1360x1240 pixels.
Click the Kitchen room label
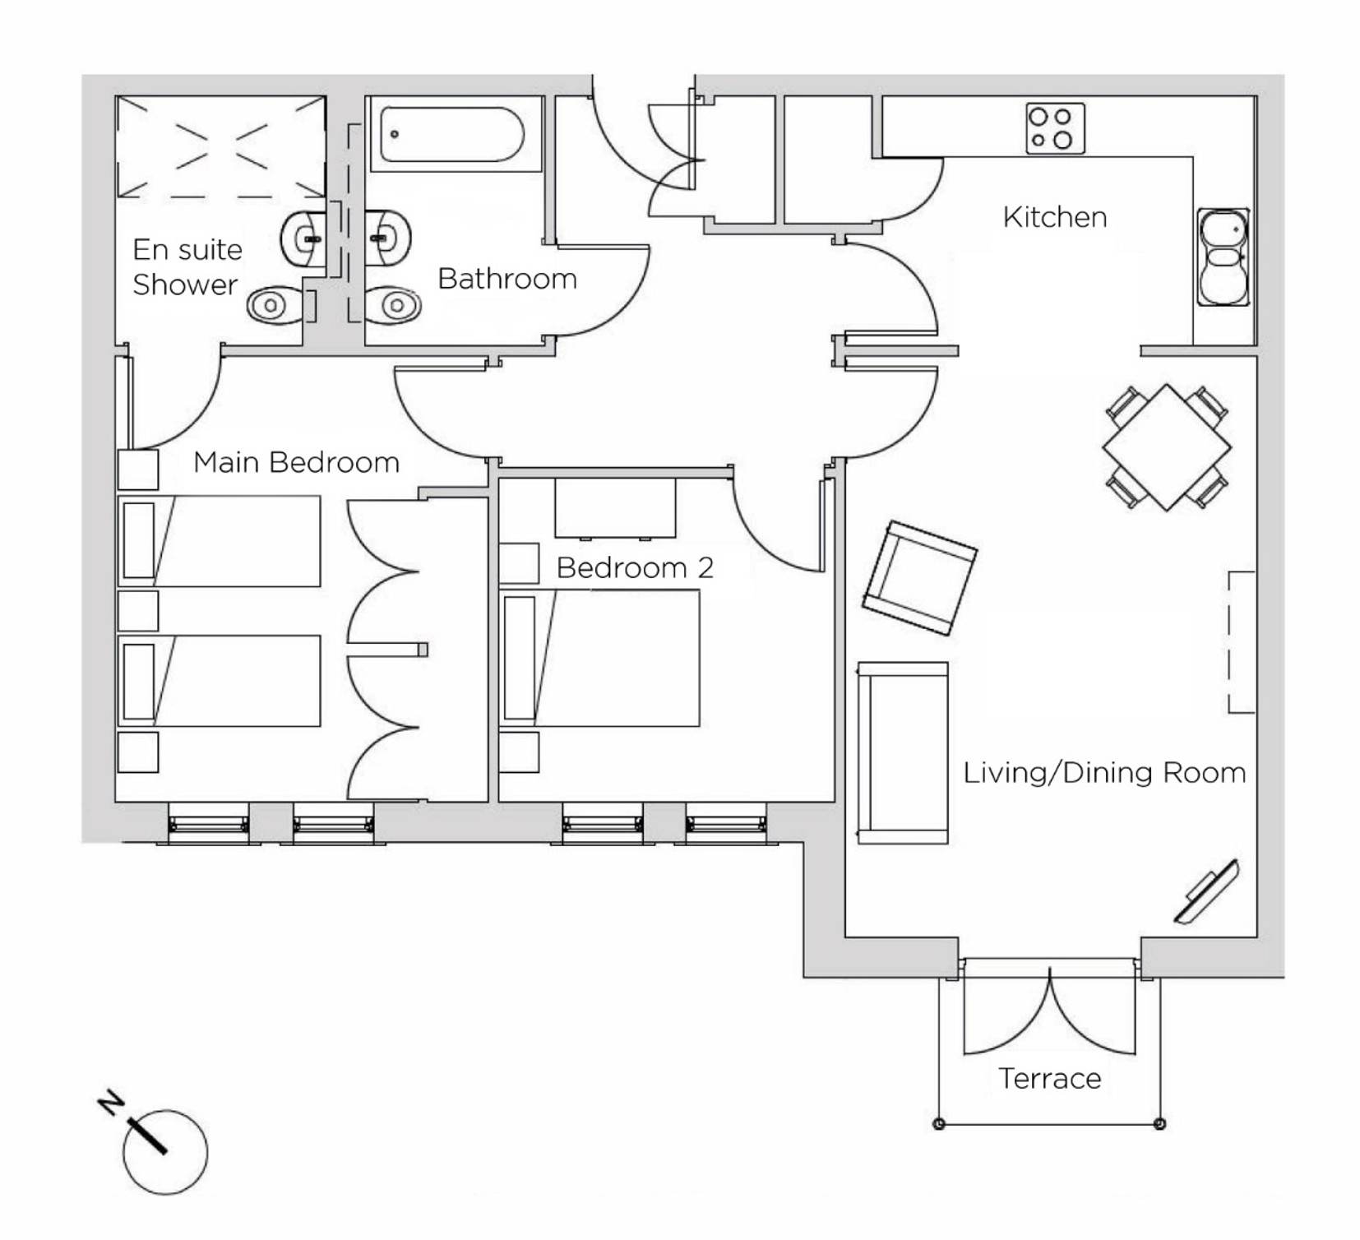(1055, 217)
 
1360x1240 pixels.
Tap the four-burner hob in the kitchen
(1055, 128)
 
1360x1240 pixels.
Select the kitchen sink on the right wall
(1224, 257)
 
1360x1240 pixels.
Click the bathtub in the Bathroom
(451, 134)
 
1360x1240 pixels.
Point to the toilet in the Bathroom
(393, 305)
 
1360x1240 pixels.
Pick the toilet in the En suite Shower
(276, 306)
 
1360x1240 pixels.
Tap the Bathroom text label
(507, 279)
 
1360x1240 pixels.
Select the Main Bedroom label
(296, 462)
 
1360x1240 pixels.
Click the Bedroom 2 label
(635, 567)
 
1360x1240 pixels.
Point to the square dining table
(1167, 447)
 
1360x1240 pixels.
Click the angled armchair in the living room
(919, 577)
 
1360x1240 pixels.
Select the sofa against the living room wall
(903, 752)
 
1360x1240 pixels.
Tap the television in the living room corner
(1207, 891)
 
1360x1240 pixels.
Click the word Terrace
(1050, 1078)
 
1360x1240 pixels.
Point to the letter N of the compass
(112, 1103)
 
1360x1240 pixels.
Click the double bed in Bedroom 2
(601, 658)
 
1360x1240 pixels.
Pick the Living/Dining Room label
(1104, 773)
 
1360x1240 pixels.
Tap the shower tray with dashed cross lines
(220, 147)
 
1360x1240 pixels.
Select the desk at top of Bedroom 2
(615, 508)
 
